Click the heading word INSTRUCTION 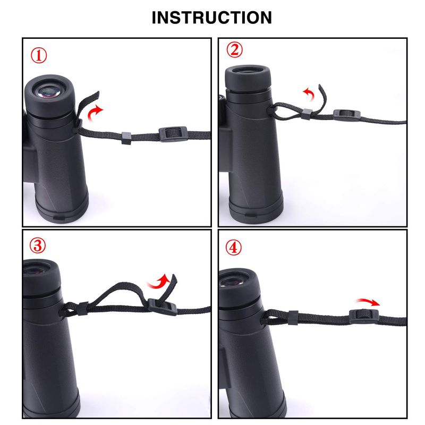click(211, 18)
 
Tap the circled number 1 click(38, 56)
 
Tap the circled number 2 click(234, 50)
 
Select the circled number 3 click(38, 245)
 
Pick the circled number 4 click(233, 248)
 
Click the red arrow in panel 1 click(93, 113)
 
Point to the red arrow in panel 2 click(310, 93)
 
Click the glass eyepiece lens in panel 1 click(49, 91)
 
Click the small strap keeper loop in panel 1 click(126, 138)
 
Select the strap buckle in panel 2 click(347, 115)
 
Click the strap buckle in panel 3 click(163, 307)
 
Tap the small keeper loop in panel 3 click(82, 309)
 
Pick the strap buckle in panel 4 click(364, 316)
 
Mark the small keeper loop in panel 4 click(293, 318)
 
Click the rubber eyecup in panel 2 click(248, 76)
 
